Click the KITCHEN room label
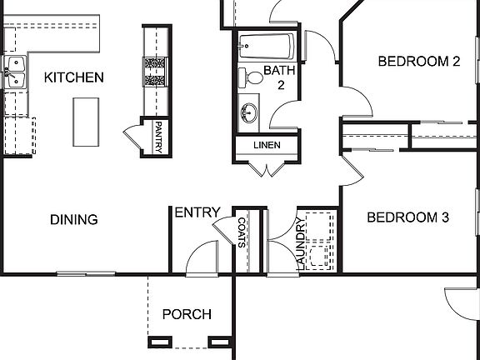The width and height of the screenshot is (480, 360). click(x=73, y=77)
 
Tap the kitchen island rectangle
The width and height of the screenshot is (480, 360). click(x=86, y=122)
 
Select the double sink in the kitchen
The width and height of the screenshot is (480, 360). click(x=15, y=72)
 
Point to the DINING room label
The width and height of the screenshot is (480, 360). click(x=73, y=220)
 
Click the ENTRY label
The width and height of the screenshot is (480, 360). click(x=197, y=212)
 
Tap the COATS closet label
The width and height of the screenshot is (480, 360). click(x=242, y=232)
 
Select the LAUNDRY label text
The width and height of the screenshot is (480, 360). click(x=299, y=242)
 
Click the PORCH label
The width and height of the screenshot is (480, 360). click(x=186, y=314)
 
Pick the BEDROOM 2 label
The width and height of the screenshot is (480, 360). click(x=419, y=61)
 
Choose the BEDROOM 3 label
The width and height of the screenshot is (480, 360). click(x=408, y=217)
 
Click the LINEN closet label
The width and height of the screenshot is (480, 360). click(x=267, y=145)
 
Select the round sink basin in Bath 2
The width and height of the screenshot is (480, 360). click(x=248, y=113)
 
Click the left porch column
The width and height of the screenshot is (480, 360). click(x=157, y=341)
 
